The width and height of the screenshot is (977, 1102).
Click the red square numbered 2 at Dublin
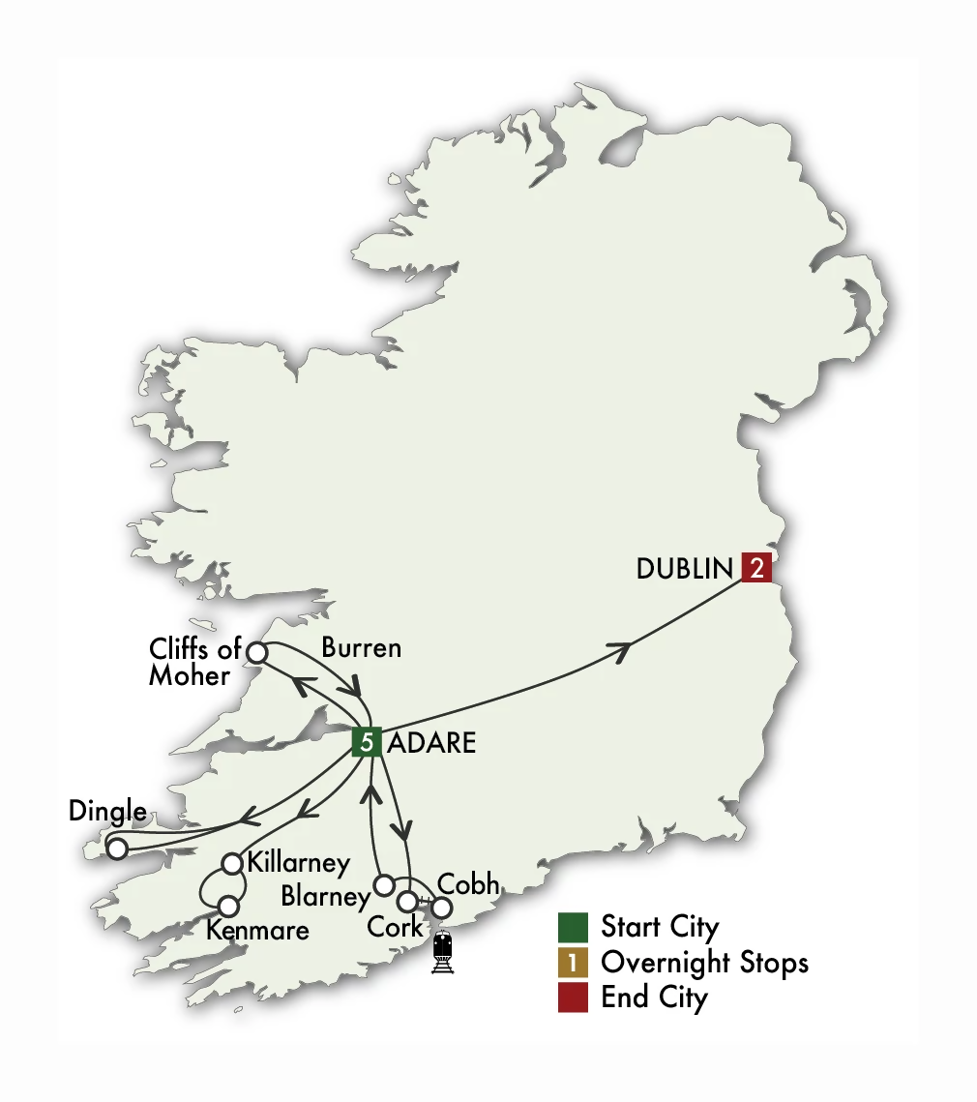pyautogui.click(x=756, y=568)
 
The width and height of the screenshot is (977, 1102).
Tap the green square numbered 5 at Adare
pyautogui.click(x=367, y=742)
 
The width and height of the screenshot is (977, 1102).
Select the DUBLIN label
pyautogui.click(x=685, y=569)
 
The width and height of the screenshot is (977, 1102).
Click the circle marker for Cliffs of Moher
pyautogui.click(x=256, y=652)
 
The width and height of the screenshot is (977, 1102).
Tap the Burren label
pyautogui.click(x=361, y=647)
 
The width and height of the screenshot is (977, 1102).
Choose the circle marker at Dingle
pyautogui.click(x=117, y=849)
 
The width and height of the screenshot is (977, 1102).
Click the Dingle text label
pyautogui.click(x=107, y=811)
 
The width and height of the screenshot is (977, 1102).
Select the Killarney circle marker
pyautogui.click(x=232, y=862)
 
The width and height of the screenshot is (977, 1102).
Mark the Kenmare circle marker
pyautogui.click(x=228, y=907)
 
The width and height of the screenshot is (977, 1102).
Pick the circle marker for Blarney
pyautogui.click(x=384, y=884)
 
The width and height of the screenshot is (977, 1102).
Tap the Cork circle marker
pyautogui.click(x=409, y=901)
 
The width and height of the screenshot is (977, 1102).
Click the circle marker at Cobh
pyautogui.click(x=441, y=908)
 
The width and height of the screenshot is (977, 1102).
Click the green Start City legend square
pyautogui.click(x=573, y=927)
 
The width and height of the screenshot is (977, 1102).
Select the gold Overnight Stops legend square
pyautogui.click(x=573, y=963)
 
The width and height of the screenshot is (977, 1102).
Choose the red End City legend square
pyautogui.click(x=573, y=998)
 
